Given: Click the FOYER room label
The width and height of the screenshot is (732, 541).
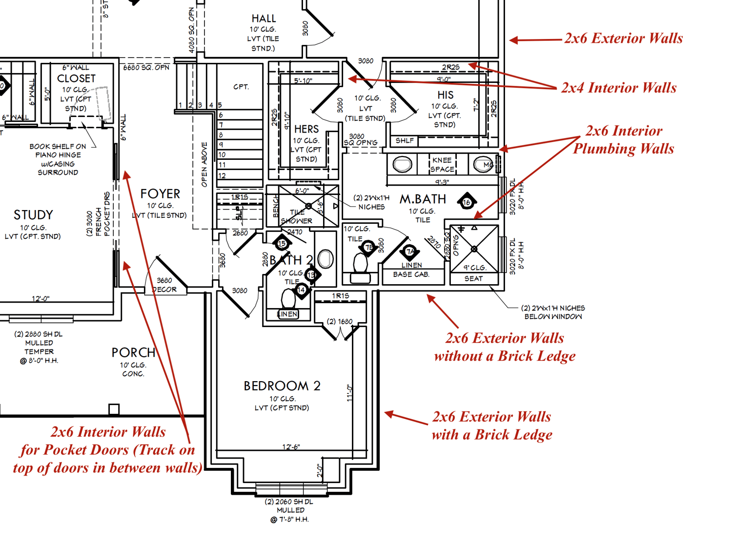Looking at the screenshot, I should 160,194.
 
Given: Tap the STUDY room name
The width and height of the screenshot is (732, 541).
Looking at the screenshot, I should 33,215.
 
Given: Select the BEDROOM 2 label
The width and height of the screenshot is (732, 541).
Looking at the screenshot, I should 282,386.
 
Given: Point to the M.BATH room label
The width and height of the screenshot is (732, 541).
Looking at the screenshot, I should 423,199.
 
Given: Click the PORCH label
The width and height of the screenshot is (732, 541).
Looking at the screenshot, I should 133,352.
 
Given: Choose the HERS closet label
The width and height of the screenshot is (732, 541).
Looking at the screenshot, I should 306,129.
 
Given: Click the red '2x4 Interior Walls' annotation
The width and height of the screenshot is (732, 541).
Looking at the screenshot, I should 619,88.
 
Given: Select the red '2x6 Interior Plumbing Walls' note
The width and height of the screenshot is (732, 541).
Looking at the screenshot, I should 624,140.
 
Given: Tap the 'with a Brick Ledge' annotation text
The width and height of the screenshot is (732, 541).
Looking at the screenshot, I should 492,434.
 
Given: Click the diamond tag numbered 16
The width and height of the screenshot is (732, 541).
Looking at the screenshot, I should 467,202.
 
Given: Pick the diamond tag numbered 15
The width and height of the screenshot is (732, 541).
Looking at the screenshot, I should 282,243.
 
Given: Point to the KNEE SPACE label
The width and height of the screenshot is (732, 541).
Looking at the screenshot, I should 442,165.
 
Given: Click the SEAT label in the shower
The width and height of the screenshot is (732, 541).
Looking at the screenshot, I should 473,279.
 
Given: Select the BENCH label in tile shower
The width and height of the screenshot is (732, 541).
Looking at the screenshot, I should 276,206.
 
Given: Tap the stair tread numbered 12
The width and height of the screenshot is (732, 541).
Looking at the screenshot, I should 222,175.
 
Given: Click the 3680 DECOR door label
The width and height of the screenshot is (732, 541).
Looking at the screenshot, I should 164,285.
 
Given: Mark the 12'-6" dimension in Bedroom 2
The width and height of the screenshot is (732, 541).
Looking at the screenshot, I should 291,447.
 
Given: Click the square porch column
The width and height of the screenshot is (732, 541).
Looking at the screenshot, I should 114,409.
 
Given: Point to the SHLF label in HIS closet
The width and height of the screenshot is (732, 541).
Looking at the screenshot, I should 405,141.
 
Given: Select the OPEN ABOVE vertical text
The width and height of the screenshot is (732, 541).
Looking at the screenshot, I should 204,164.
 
